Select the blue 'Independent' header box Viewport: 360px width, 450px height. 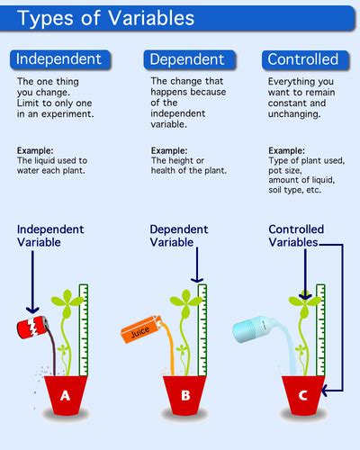tap(60, 60)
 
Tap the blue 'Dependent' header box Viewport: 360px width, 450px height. tap(187, 60)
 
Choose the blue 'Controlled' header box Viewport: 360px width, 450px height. tap(303, 60)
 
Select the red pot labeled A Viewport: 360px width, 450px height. tap(65, 394)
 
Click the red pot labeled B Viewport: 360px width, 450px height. tap(185, 394)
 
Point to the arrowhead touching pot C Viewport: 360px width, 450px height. tap(328, 391)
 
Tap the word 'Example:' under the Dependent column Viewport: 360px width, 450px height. tap(168, 150)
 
